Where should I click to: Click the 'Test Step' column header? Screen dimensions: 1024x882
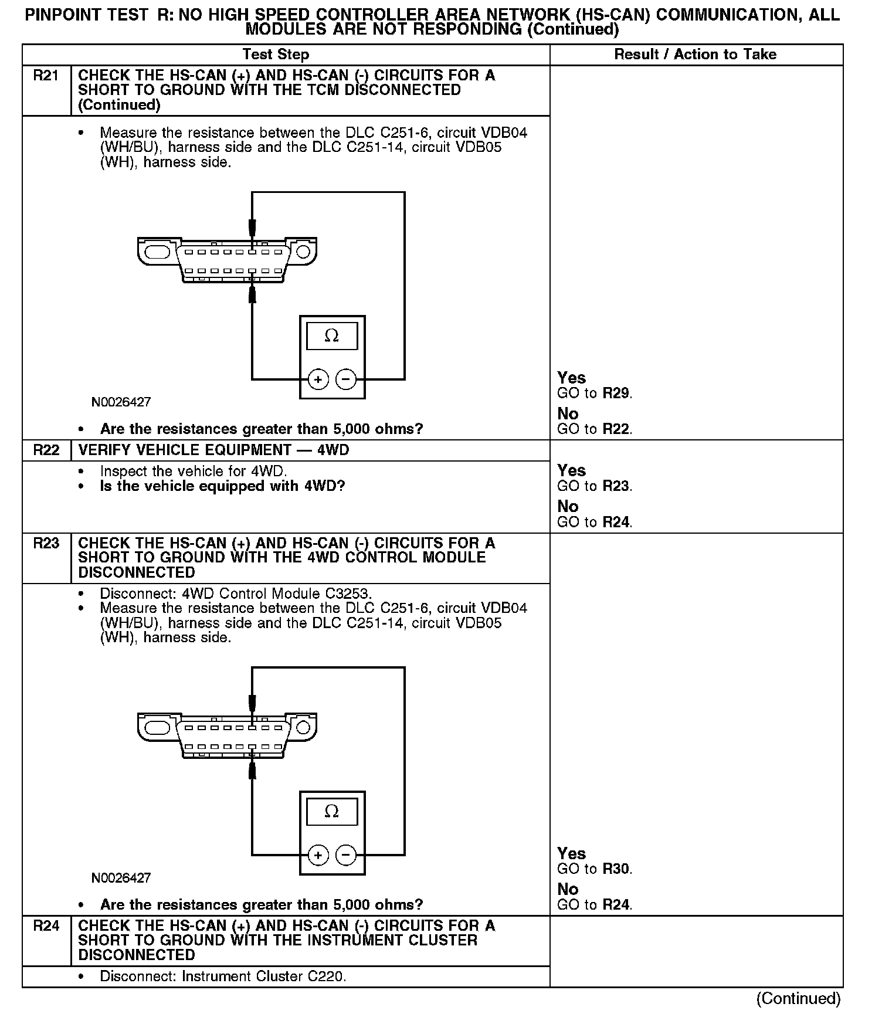tap(276, 55)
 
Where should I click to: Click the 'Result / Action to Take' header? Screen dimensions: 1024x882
tap(695, 55)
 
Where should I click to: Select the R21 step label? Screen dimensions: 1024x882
tap(46, 76)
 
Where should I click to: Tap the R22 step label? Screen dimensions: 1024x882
tap(46, 450)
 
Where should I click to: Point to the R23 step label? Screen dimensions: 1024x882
tap(46, 544)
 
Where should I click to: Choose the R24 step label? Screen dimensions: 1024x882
tap(46, 926)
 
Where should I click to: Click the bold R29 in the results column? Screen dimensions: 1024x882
tap(616, 394)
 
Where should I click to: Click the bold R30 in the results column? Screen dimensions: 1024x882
tap(616, 869)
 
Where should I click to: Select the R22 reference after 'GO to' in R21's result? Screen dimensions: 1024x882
tap(616, 429)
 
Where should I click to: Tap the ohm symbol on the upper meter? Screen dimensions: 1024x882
tap(332, 336)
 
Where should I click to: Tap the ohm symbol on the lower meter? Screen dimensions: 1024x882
tap(332, 812)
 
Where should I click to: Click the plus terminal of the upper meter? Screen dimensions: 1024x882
tap(318, 380)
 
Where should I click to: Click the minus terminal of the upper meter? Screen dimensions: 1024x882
tap(346, 380)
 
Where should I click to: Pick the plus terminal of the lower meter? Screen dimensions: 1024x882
tap(318, 856)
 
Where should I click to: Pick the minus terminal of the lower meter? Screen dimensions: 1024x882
tap(346, 856)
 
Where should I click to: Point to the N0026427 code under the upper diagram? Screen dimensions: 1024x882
tap(121, 402)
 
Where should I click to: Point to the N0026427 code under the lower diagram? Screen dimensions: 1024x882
tap(121, 878)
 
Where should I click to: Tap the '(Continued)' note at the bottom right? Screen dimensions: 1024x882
tap(798, 999)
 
